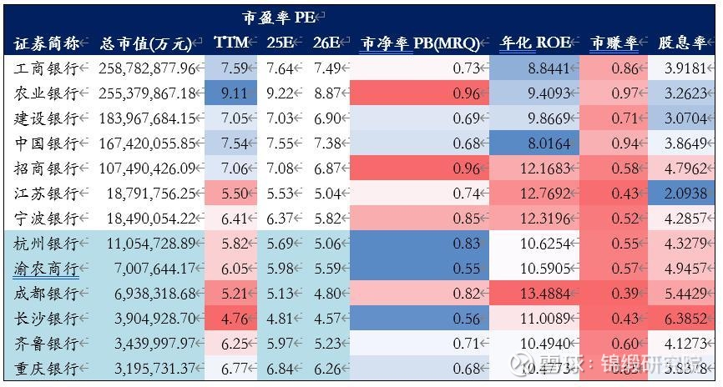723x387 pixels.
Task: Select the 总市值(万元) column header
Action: (147, 43)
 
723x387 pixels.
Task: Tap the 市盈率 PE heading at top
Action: (281, 16)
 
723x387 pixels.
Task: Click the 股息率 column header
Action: (680, 43)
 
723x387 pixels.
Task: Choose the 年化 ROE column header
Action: (534, 43)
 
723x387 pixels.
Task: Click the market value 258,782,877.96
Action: (149, 68)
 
